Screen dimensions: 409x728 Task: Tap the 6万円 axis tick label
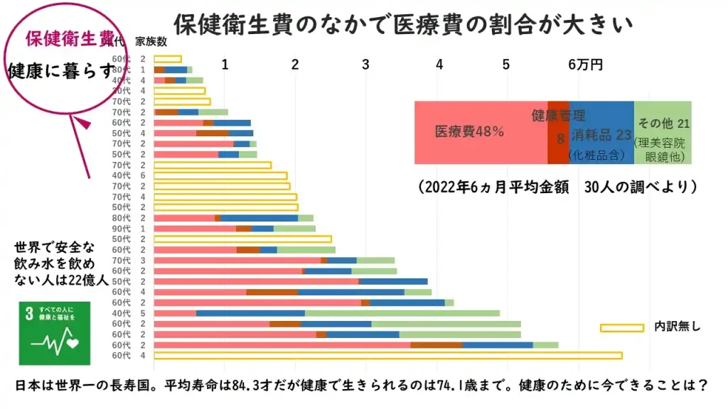click(x=585, y=65)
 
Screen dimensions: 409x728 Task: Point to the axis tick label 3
click(x=365, y=65)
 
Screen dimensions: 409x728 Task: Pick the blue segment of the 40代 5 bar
click(x=250, y=313)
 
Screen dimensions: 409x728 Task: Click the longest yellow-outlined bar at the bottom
click(x=387, y=355)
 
